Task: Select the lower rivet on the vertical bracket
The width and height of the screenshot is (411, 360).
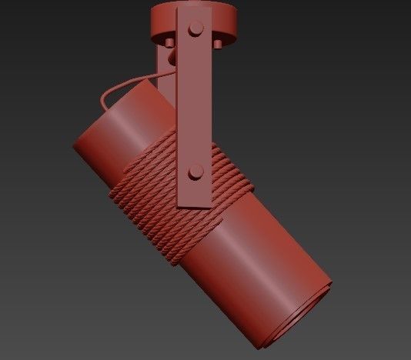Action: tap(195, 171)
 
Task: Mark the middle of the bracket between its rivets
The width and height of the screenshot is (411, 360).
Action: tap(195, 100)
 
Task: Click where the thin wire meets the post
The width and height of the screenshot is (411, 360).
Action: tap(162, 74)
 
